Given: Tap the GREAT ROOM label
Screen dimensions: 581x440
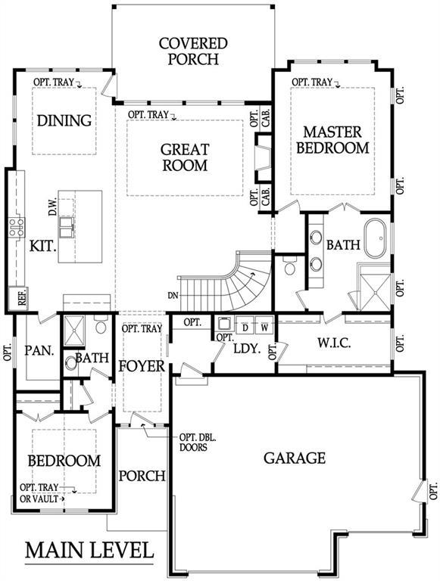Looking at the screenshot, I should click(x=185, y=157).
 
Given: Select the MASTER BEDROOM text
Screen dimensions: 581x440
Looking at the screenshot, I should click(x=332, y=139).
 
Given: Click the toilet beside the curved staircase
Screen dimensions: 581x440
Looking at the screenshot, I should click(x=288, y=267).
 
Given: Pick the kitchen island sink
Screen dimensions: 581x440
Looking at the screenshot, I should click(x=68, y=226).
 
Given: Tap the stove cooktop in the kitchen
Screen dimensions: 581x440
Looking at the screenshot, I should click(x=16, y=227).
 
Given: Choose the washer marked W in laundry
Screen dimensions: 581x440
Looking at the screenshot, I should click(x=264, y=328).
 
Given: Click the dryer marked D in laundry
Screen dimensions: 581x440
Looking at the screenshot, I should click(x=246, y=328).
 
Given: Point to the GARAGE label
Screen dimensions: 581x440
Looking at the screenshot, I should click(x=294, y=458).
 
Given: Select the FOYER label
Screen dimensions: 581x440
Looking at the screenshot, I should click(x=142, y=366).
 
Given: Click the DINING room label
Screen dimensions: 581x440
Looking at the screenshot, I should click(x=64, y=120).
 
